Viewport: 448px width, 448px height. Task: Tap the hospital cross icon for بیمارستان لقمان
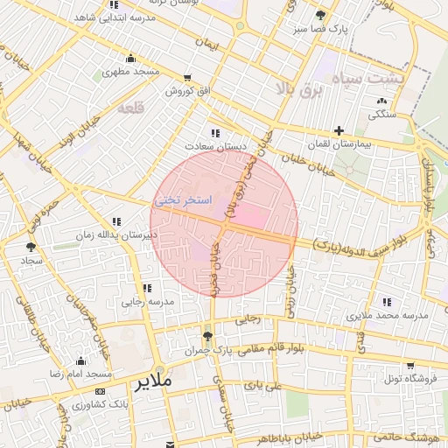339,130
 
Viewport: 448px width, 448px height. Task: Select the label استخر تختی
183,200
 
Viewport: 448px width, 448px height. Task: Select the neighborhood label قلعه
129,108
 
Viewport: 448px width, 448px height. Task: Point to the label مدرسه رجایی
148,301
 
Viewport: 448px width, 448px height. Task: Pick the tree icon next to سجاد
32,248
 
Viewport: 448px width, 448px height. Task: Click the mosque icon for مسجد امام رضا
80,361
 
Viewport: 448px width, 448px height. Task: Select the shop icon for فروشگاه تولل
409,366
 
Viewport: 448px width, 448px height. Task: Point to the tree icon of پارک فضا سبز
320,15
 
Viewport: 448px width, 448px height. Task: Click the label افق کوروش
171,91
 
